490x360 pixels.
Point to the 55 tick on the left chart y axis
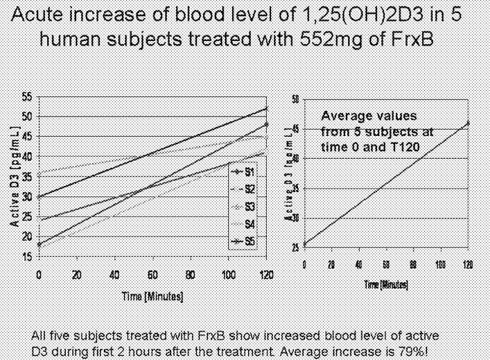[26, 96]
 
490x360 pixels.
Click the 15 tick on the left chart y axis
[26, 257]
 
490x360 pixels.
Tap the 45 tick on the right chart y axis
[295, 129]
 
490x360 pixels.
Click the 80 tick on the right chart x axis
[413, 265]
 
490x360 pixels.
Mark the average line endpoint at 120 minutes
[468, 123]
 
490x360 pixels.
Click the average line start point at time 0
[305, 244]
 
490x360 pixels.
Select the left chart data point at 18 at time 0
[40, 244]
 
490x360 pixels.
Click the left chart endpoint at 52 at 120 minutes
[267, 108]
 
